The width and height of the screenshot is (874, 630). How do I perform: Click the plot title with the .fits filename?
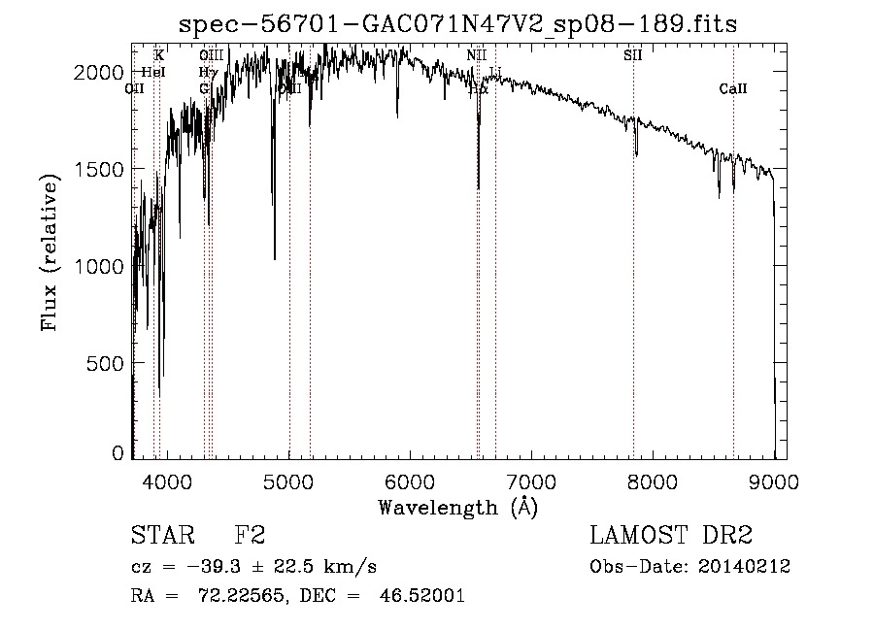(459, 25)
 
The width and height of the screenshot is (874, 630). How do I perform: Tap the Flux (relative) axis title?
(50, 250)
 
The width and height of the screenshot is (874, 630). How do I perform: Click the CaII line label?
(733, 89)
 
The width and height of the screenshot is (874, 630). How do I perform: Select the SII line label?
(633, 55)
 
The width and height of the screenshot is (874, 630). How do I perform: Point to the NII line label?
(476, 55)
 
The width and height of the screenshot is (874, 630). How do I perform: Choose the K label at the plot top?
(159, 55)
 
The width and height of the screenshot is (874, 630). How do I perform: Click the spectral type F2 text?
(250, 536)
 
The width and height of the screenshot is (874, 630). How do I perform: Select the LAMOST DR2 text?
(671, 536)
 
